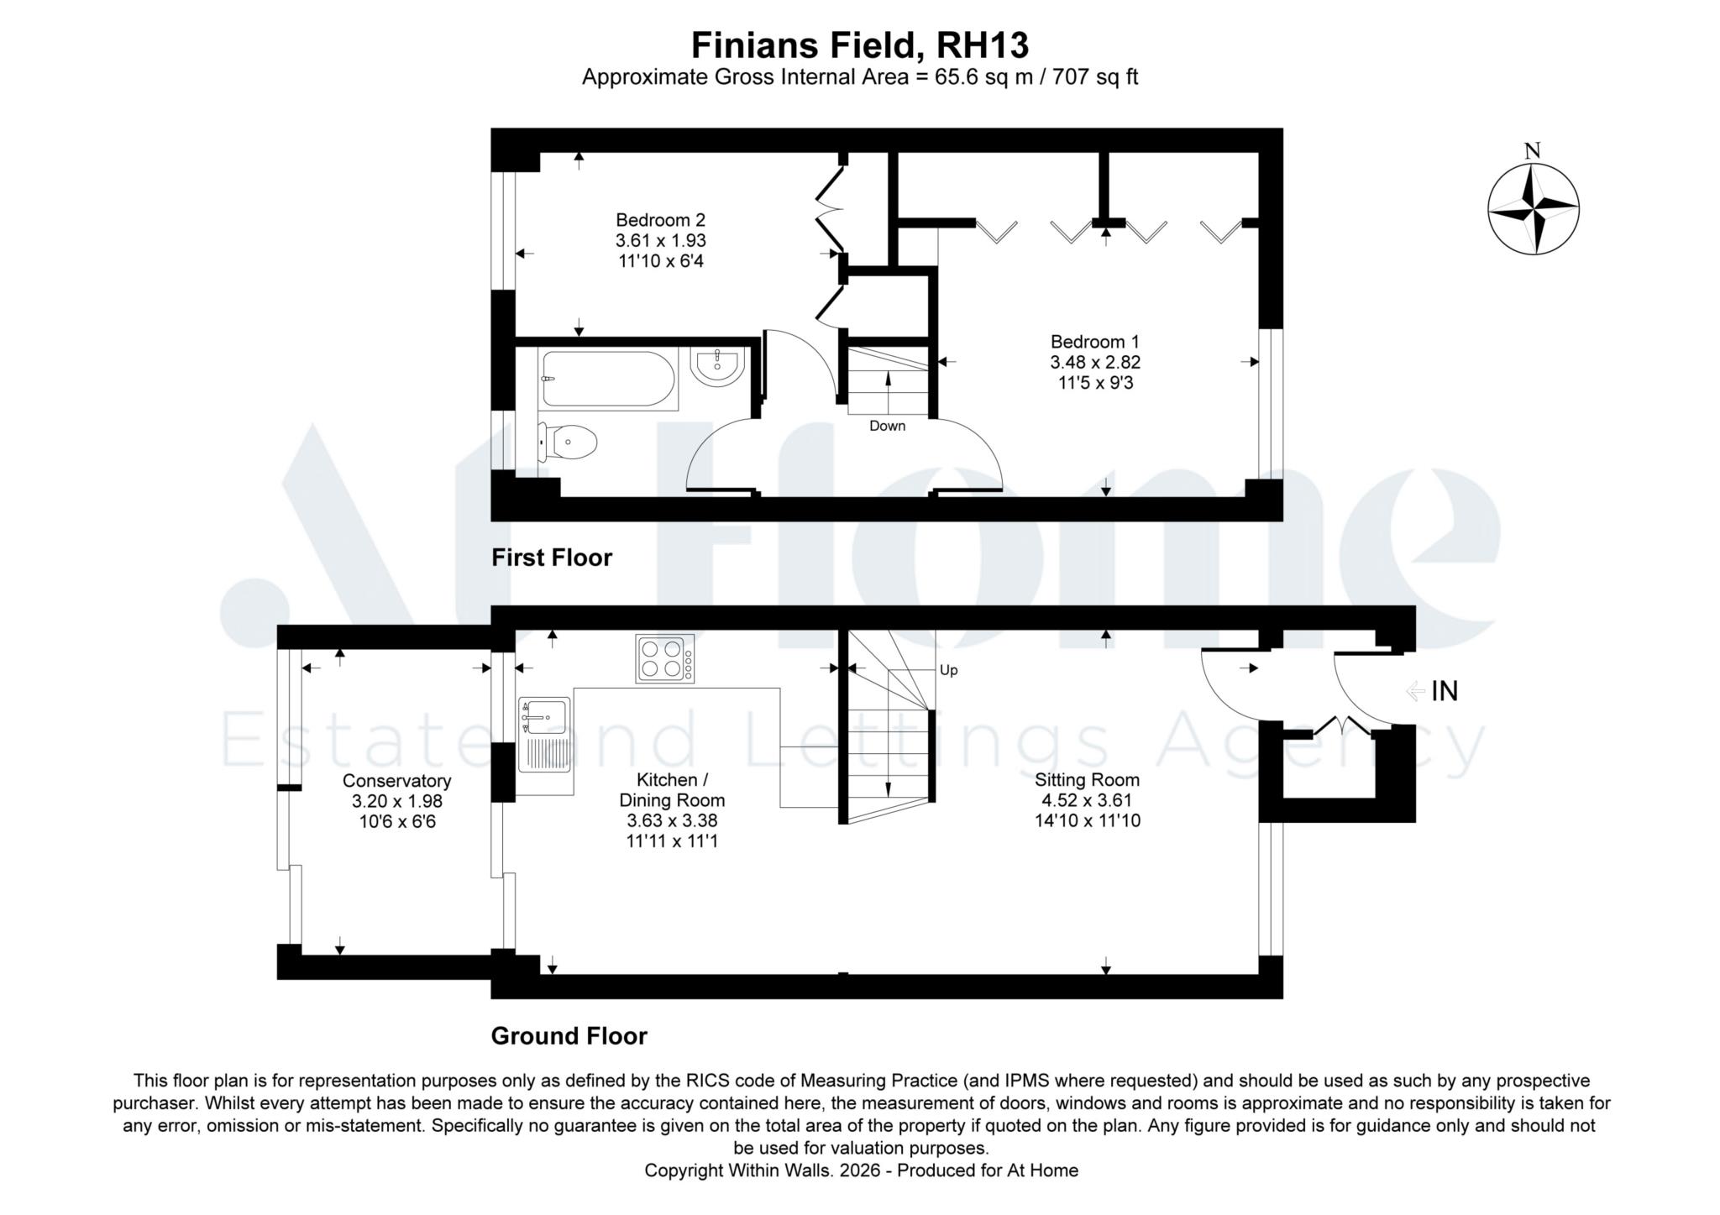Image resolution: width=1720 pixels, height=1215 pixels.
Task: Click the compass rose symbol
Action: (1533, 208)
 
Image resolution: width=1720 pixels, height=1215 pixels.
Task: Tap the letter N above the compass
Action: (1533, 151)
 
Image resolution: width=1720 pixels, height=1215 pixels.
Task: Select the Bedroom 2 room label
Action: (661, 220)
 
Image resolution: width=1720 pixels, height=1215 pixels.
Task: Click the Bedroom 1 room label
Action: (1095, 342)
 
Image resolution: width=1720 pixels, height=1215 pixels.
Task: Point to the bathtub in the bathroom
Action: (609, 380)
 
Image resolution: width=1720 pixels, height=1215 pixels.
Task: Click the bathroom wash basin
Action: (718, 367)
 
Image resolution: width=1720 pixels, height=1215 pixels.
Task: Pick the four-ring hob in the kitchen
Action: (665, 658)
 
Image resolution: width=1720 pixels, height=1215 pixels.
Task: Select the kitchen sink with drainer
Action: (545, 735)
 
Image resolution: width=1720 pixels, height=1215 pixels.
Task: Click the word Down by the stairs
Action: (888, 426)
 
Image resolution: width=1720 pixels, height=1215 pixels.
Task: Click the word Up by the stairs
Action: (949, 670)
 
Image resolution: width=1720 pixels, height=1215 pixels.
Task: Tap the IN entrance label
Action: (1445, 691)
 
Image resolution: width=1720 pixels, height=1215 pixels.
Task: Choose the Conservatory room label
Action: (397, 781)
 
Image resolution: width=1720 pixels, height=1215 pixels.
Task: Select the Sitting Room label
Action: (1088, 780)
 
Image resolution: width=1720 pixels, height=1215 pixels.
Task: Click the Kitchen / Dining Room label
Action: (672, 790)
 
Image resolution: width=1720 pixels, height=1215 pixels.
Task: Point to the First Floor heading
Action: (552, 558)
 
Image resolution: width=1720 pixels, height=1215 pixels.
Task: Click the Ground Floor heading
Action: (569, 1036)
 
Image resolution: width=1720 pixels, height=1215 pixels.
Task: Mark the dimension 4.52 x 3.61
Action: (1088, 800)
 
